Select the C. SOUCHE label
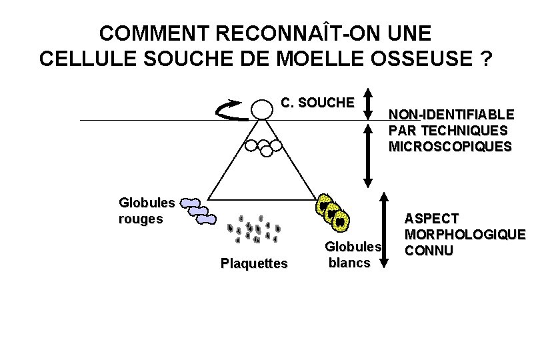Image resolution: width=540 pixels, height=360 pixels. [317, 103]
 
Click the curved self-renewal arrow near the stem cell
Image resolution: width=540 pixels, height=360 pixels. [233, 111]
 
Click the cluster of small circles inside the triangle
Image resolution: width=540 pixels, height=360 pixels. [262, 146]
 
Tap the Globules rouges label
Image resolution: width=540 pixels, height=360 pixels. [147, 210]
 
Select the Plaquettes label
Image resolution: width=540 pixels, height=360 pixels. [254, 263]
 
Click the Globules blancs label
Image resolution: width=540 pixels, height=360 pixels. [352, 255]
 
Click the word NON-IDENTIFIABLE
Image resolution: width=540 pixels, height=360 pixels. [451, 115]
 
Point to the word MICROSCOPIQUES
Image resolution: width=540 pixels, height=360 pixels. [451, 146]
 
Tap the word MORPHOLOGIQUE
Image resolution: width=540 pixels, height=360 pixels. [465, 235]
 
